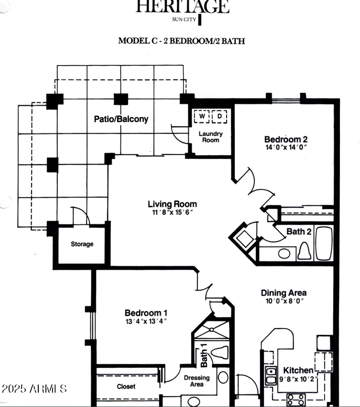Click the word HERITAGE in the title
tap(182, 7)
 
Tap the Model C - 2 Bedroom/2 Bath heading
tap(181, 41)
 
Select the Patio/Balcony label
tap(121, 119)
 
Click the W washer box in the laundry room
tap(202, 116)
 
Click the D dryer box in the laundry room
tap(219, 116)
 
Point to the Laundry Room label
tap(210, 137)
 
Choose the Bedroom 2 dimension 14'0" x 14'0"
tap(285, 147)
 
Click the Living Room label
tap(172, 204)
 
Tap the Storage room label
tap(82, 244)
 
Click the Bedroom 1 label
tap(146, 313)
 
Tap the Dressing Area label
tap(197, 381)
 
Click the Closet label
tap(126, 386)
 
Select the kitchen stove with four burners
tap(296, 398)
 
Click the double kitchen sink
tap(271, 376)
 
